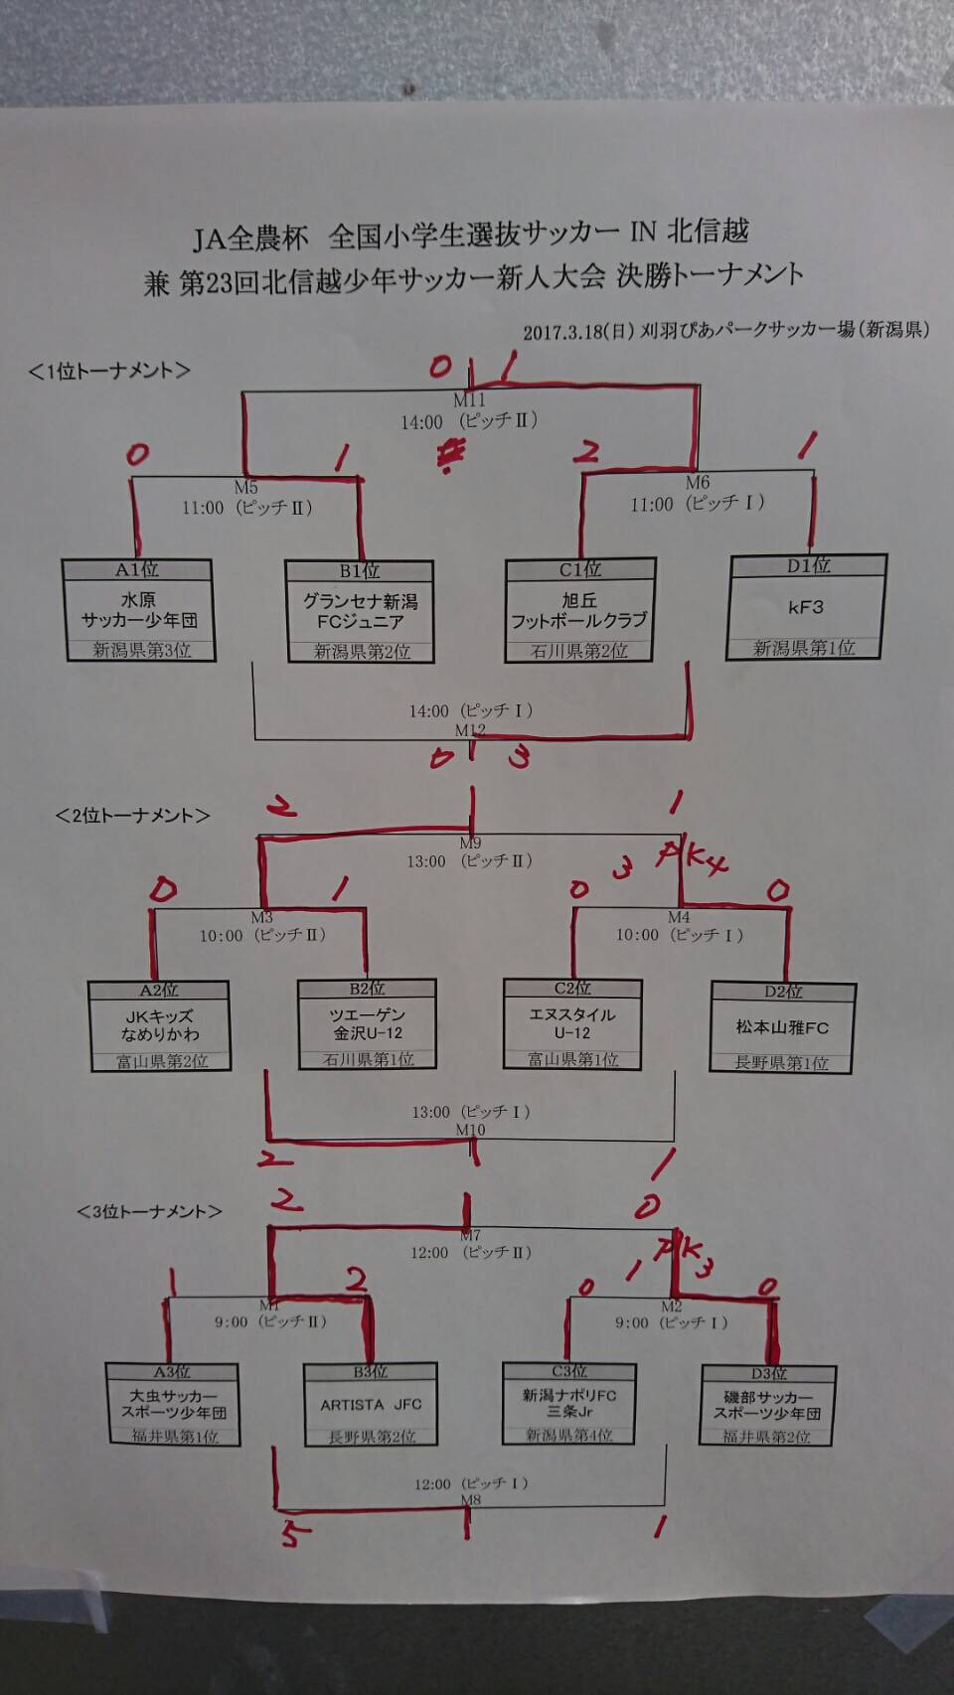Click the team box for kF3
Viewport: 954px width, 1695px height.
coord(806,607)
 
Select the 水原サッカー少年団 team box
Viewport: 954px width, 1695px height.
coord(138,611)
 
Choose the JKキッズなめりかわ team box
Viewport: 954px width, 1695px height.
coord(159,1025)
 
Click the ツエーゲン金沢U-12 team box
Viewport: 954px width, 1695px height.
coord(367,1024)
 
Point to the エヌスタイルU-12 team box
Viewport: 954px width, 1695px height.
coord(572,1023)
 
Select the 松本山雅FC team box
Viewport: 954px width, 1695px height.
coord(782,1027)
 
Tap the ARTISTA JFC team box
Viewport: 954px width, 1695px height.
coord(371,1405)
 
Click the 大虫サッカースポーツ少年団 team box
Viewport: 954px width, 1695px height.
coord(174,1404)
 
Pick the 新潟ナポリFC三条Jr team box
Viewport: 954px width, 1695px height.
coord(569,1403)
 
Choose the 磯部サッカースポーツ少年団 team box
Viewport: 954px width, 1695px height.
coord(767,1405)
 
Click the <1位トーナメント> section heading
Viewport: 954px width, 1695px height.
coord(109,371)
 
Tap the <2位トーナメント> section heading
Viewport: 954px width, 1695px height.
coord(133,816)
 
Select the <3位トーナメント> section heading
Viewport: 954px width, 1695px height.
coord(149,1211)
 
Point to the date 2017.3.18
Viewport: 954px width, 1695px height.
coord(563,332)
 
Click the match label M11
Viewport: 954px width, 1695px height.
coord(469,400)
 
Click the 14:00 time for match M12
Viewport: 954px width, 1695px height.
coord(428,711)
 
